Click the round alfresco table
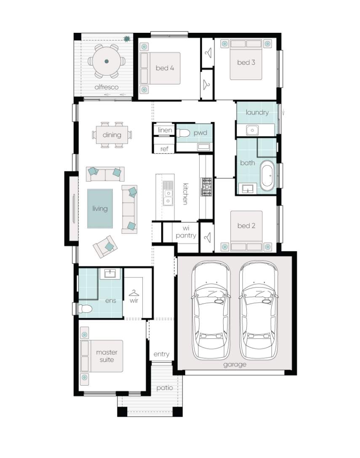tap(107, 61)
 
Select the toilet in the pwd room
tap(183, 133)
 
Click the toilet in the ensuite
tap(85, 309)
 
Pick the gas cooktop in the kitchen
tap(206, 187)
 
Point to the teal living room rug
tap(100, 208)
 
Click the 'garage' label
tap(235, 365)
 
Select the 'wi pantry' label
tap(186, 232)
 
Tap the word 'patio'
tap(165, 388)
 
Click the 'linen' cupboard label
tap(165, 130)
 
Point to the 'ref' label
tap(164, 149)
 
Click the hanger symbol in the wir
tap(133, 293)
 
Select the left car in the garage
tap(211, 310)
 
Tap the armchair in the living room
tap(106, 247)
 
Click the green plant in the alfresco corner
tap(127, 39)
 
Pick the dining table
tap(112, 135)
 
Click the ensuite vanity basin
tap(110, 274)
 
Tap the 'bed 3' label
tap(246, 62)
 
